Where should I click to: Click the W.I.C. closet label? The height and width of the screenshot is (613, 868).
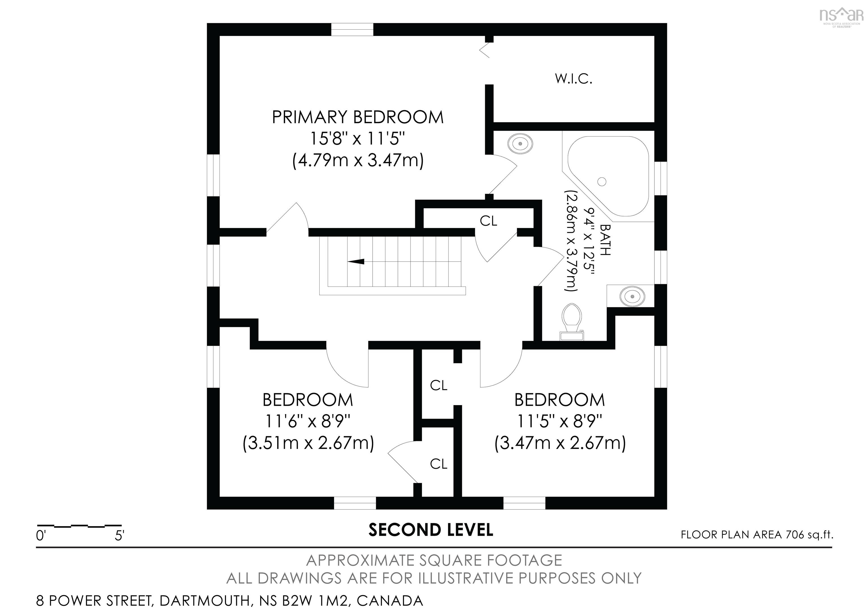[573, 79]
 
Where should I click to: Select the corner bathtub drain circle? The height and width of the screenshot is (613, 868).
[602, 182]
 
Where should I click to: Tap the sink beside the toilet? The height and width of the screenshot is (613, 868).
[632, 295]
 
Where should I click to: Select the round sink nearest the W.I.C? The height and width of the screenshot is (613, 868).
[520, 144]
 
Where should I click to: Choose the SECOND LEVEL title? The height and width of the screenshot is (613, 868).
[431, 530]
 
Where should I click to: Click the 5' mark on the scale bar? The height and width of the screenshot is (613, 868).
[120, 536]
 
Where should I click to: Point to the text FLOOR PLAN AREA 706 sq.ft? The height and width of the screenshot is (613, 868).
[757, 535]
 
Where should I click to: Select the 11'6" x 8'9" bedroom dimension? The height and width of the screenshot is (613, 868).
[307, 421]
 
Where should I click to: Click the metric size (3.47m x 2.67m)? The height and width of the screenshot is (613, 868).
[560, 443]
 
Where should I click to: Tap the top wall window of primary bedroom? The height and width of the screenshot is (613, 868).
[352, 29]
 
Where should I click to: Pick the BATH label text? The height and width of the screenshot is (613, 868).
[605, 240]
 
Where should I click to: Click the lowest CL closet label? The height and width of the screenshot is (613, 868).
[439, 464]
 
